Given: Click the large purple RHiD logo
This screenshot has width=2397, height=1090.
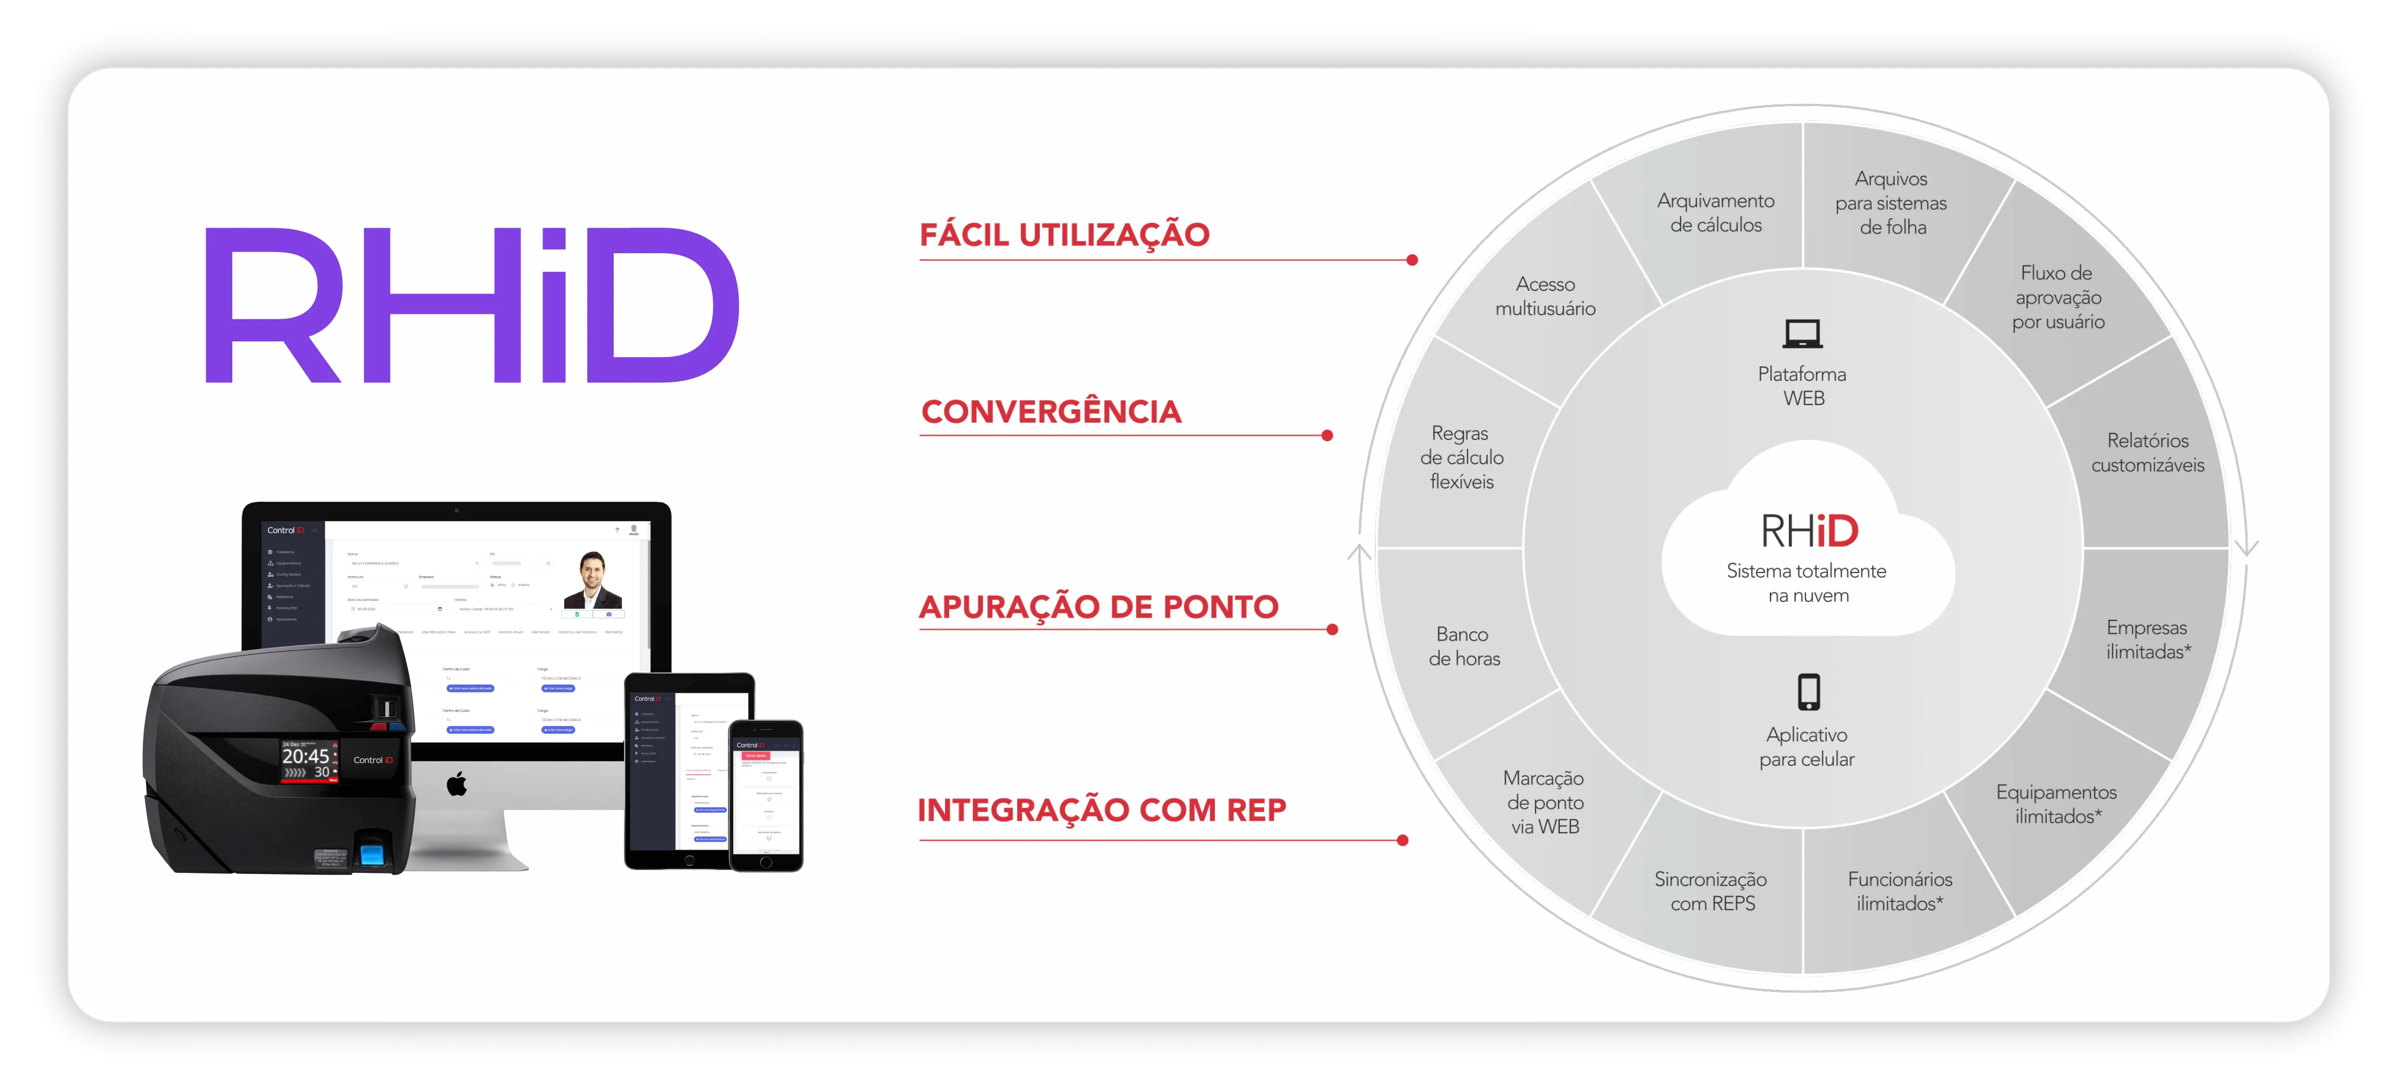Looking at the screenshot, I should (472, 305).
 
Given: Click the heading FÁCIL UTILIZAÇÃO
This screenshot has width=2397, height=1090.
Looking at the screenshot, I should (1065, 234).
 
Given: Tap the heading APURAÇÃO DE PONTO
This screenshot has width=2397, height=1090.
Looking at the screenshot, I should (1098, 606).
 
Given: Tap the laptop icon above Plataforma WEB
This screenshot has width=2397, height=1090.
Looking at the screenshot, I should (1802, 333).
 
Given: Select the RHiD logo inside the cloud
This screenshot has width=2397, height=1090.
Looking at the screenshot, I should (1809, 531).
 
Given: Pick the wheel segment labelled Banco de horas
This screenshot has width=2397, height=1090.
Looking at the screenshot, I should (1464, 646).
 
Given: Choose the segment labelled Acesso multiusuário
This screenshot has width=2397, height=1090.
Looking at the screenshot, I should (1545, 296).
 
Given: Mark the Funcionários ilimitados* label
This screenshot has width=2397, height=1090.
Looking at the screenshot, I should (1899, 891).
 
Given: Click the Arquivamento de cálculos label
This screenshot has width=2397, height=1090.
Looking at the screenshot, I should (1715, 213).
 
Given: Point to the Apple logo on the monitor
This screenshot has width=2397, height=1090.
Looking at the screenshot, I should (457, 784).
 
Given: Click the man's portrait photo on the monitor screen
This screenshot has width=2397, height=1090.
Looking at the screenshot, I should (593, 579).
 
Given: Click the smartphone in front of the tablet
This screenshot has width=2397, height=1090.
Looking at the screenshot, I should (766, 795).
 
